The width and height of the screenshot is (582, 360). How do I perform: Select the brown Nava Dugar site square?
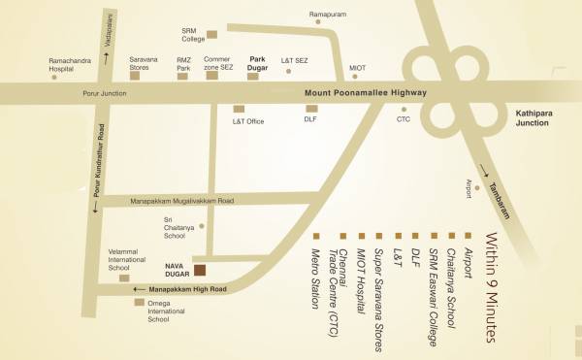[199, 271]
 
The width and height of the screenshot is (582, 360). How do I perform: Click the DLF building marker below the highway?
[311, 108]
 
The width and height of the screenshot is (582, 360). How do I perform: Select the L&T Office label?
[248, 121]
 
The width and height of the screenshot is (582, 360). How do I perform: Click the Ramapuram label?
[327, 16]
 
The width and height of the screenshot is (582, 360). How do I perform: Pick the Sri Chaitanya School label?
[175, 227]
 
